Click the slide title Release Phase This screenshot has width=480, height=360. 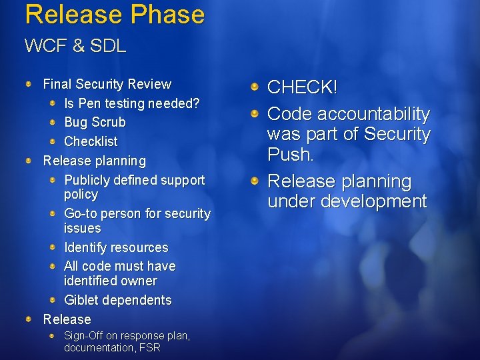(x=114, y=14)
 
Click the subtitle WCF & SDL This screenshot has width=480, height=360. (x=75, y=46)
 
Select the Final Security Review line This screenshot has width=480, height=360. (x=107, y=84)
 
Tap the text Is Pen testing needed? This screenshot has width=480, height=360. (x=132, y=103)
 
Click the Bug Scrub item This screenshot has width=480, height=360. (x=95, y=123)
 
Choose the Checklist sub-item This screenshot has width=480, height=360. (x=91, y=141)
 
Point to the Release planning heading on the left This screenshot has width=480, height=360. (x=94, y=161)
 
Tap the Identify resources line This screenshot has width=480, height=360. (x=116, y=247)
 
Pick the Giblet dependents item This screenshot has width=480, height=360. (x=117, y=300)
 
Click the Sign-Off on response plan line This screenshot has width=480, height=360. (x=127, y=336)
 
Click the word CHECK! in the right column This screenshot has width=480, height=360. (x=302, y=87)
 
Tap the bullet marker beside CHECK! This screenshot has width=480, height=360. (x=255, y=87)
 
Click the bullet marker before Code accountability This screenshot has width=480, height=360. (x=255, y=114)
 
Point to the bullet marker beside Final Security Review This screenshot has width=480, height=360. (x=29, y=84)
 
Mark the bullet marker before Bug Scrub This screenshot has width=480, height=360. (x=53, y=123)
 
